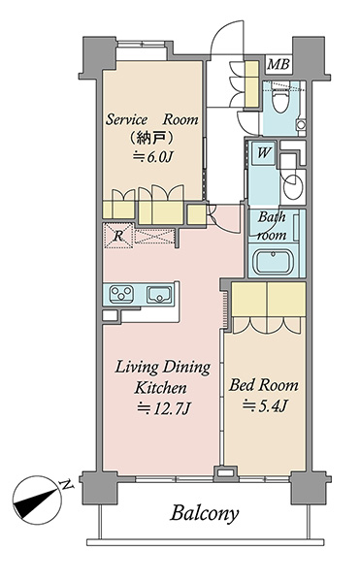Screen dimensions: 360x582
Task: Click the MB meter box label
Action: (x=278, y=65)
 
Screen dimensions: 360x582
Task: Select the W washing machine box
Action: (x=263, y=152)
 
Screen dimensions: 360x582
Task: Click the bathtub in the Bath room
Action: (x=272, y=262)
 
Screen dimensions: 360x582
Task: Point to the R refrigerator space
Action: (x=118, y=236)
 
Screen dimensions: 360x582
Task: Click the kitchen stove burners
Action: (x=121, y=294)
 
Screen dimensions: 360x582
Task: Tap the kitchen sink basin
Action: (x=160, y=295)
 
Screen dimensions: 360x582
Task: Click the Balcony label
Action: (x=205, y=514)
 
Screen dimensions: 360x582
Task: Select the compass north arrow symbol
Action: (x=37, y=500)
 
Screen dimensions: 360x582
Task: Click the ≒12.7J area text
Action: (x=164, y=408)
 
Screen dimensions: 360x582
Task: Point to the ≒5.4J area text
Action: (x=265, y=405)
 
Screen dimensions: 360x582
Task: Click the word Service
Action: (x=126, y=119)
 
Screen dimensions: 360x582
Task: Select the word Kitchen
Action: (x=160, y=388)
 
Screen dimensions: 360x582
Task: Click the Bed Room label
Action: (x=264, y=385)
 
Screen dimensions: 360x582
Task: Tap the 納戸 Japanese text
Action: (x=151, y=139)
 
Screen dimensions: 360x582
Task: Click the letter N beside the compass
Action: (x=66, y=484)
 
